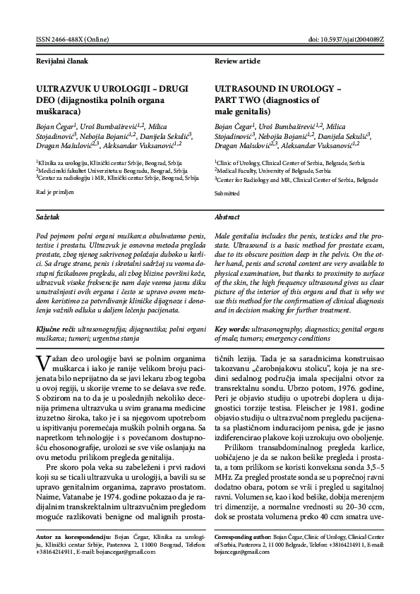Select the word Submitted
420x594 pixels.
227,192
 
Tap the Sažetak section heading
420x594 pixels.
47,217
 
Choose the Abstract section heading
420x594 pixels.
227,217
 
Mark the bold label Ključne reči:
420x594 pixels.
56,329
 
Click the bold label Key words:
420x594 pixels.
232,329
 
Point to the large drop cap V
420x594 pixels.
42,364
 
